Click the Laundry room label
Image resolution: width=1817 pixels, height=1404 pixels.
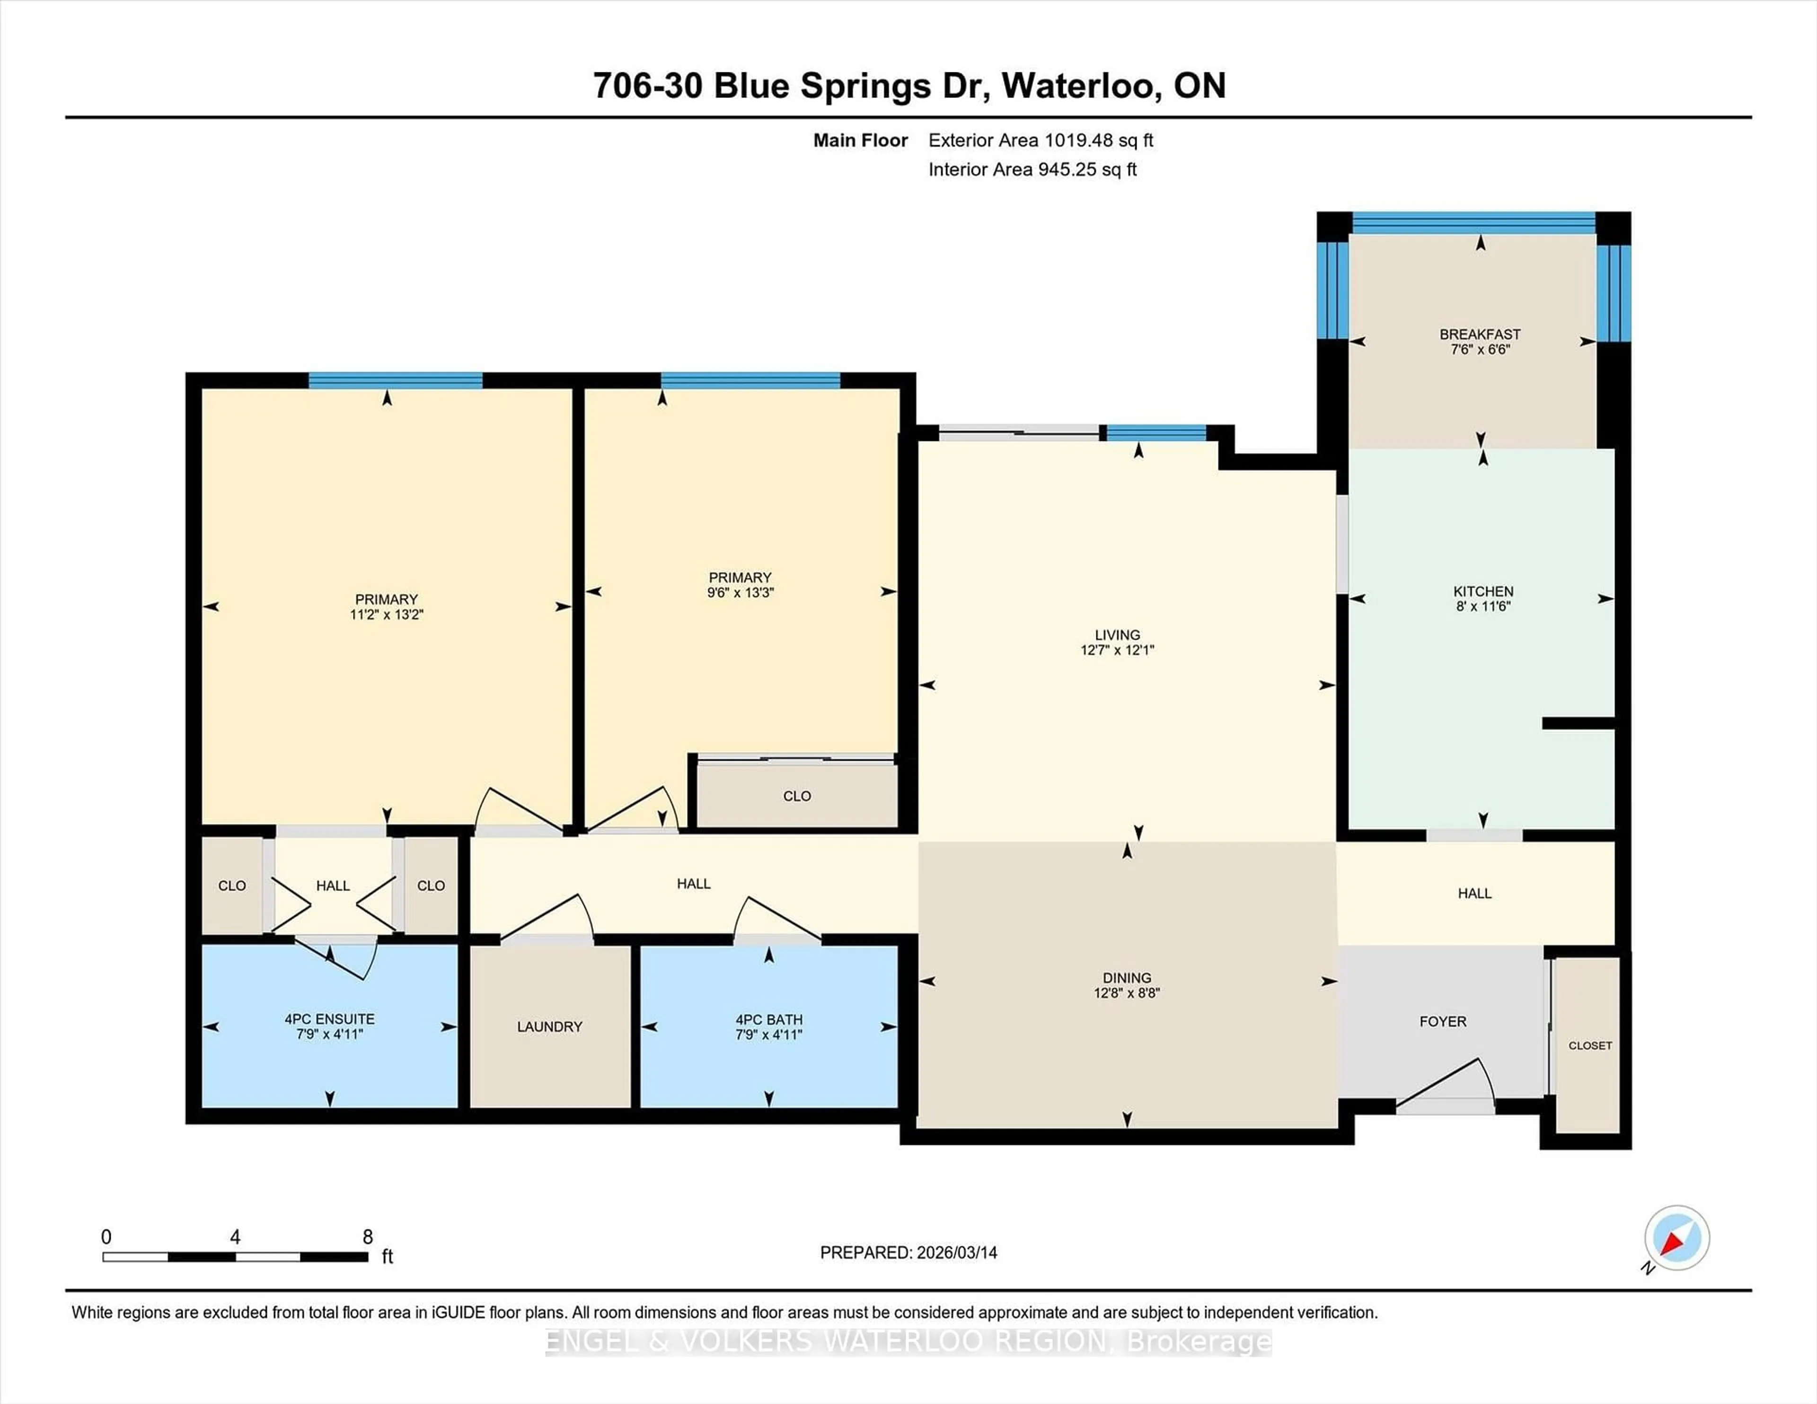click(x=549, y=1027)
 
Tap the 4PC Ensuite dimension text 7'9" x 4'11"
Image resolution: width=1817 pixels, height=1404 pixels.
click(x=329, y=1035)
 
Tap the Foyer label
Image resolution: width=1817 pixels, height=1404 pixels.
click(x=1443, y=1021)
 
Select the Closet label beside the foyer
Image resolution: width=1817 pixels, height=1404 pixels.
click(x=1590, y=1045)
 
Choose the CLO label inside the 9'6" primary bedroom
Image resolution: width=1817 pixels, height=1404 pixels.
click(x=796, y=796)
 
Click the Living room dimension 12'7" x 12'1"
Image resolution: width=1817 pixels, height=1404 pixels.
click(x=1117, y=650)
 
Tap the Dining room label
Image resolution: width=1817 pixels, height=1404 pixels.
click(x=1127, y=978)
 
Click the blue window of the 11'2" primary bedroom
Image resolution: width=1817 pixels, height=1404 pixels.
click(x=395, y=381)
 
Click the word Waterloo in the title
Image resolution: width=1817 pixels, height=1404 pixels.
click(x=1077, y=86)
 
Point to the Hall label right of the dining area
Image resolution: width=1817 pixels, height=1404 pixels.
click(x=1474, y=893)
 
